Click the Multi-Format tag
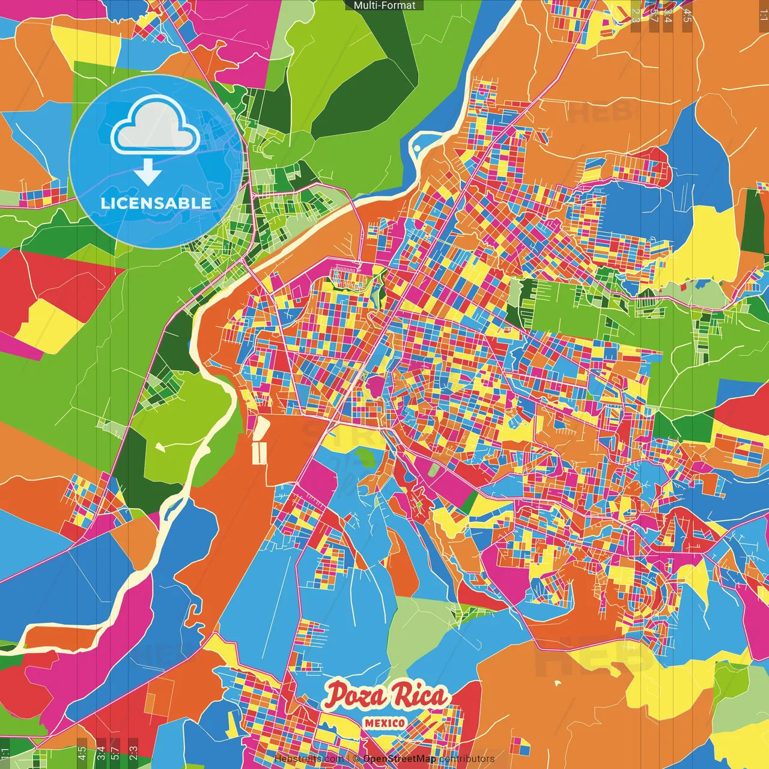[384, 5]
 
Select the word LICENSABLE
[156, 203]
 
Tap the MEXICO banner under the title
[384, 723]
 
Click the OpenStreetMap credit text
[400, 759]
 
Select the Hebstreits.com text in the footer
[309, 759]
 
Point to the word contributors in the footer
[467, 759]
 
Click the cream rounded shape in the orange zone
[262, 428]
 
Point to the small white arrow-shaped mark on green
[159, 446]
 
